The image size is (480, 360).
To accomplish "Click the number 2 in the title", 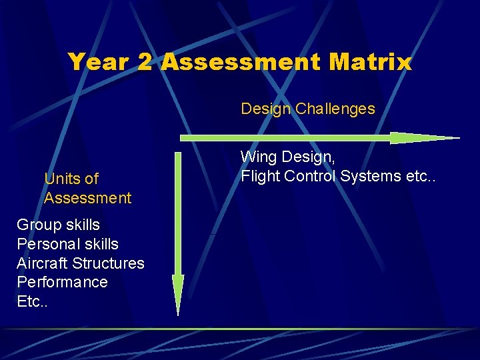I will click(x=145, y=63).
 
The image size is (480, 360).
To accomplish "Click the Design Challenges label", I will click(x=308, y=109).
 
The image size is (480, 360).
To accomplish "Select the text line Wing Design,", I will click(x=287, y=158).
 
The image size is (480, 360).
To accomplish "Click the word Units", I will click(x=63, y=179).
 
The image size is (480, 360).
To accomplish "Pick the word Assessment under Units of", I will click(x=87, y=198).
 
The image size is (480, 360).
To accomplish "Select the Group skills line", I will click(x=58, y=225).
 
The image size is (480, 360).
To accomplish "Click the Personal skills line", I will click(x=67, y=244).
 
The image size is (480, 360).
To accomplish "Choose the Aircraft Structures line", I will click(x=80, y=263).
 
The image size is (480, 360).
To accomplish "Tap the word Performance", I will click(x=62, y=282).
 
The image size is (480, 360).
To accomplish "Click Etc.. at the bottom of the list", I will click(x=31, y=301).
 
